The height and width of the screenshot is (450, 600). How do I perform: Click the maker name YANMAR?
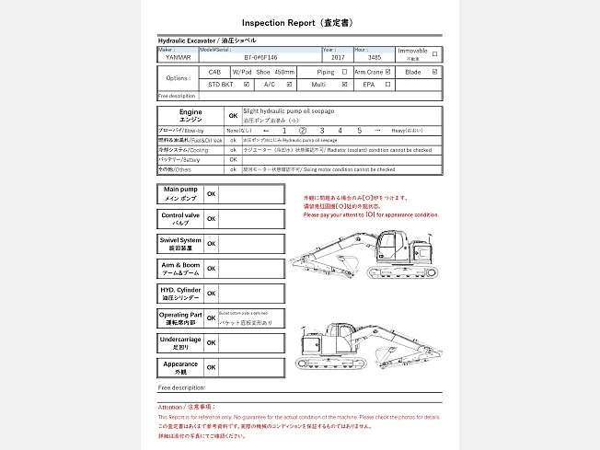pyautogui.click(x=179, y=57)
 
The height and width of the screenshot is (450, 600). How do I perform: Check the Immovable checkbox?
pyautogui.click(x=435, y=53)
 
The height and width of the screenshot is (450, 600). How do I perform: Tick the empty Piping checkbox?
pyautogui.click(x=344, y=71)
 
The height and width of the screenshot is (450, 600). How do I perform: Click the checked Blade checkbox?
pyautogui.click(x=435, y=71)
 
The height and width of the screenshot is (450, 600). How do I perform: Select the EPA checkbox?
pyautogui.click(x=388, y=85)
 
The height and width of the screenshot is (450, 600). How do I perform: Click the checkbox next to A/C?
pyautogui.click(x=290, y=85)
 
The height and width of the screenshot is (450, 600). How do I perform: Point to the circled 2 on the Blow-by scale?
pyautogui.click(x=303, y=131)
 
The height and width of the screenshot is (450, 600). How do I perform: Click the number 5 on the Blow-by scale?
pyautogui.click(x=361, y=131)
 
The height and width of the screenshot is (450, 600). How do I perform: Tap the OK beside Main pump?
pyautogui.click(x=211, y=194)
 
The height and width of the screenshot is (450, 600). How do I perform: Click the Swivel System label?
pyautogui.click(x=179, y=243)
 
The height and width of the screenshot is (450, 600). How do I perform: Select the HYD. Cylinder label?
pyautogui.click(x=179, y=294)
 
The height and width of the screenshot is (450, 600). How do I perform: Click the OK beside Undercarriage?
pyautogui.click(x=211, y=342)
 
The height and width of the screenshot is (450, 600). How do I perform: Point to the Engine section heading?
pyautogui.click(x=191, y=115)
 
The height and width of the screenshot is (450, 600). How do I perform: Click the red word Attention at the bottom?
pyautogui.click(x=173, y=406)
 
